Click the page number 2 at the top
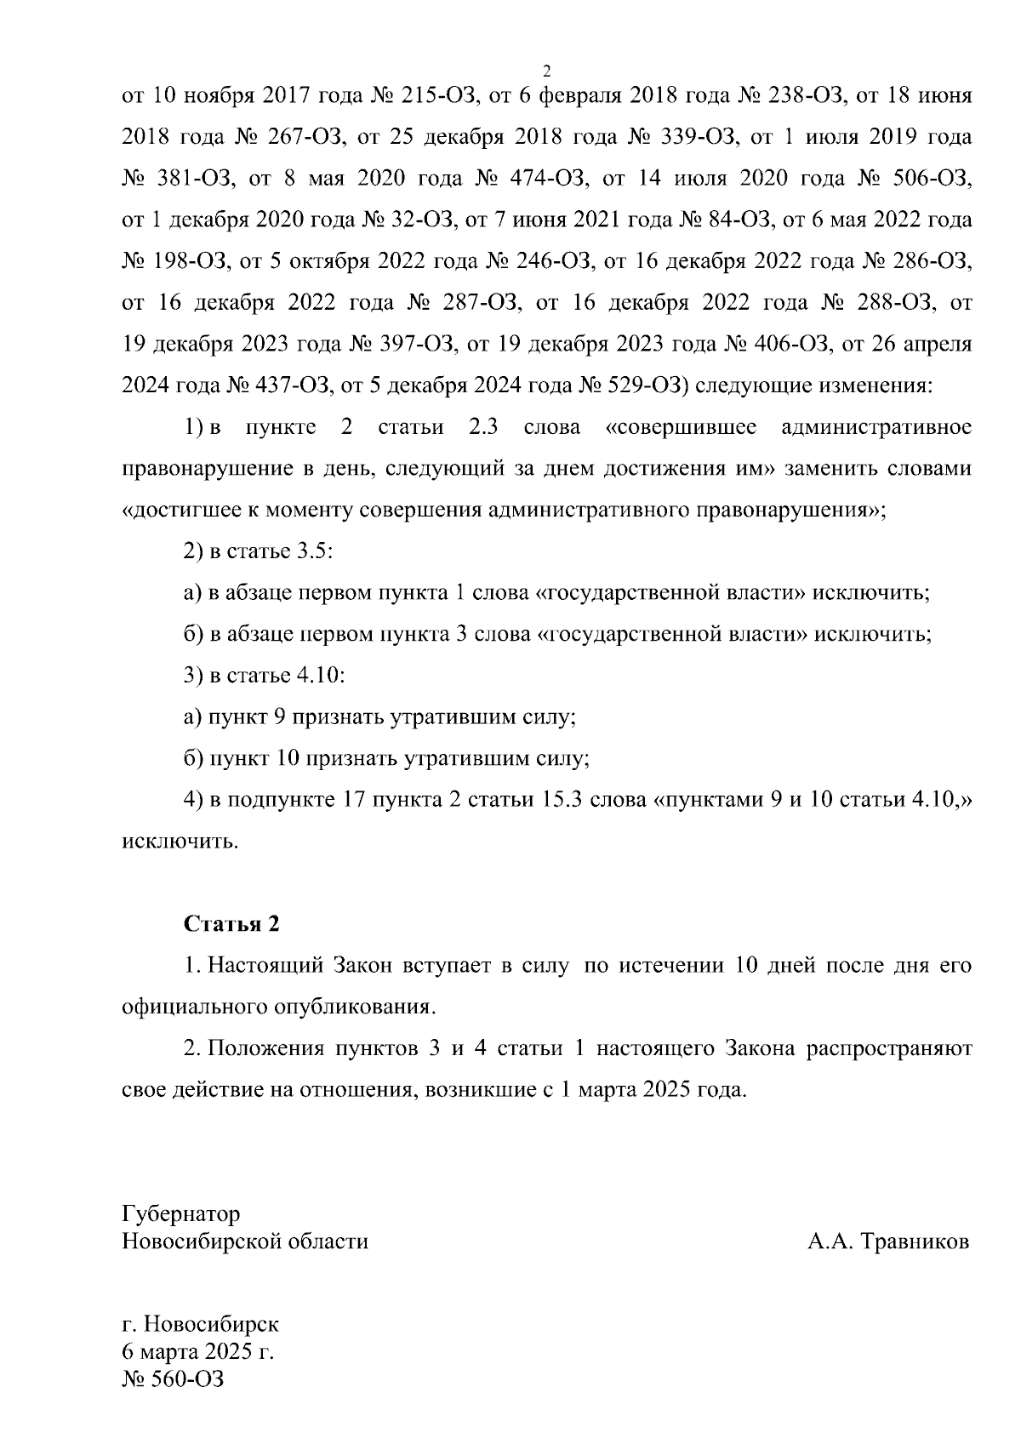click(547, 70)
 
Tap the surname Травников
click(915, 1241)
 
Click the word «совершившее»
click(681, 426)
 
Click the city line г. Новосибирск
click(201, 1324)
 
